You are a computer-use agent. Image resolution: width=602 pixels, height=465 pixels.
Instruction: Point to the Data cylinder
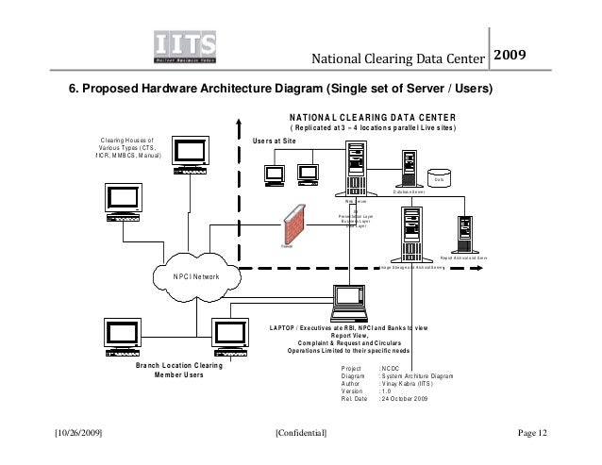(438, 177)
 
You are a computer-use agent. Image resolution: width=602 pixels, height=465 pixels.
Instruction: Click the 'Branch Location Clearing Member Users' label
(179, 369)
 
